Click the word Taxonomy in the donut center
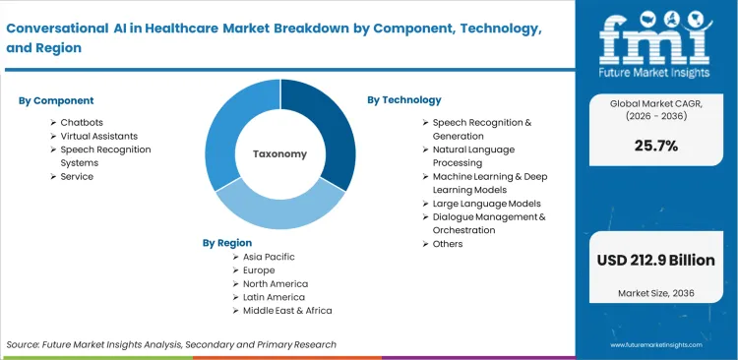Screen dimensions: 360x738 (x=279, y=154)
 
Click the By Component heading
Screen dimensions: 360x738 (x=56, y=100)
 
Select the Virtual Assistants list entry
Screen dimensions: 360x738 (x=112, y=136)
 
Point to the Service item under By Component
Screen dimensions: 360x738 (x=77, y=177)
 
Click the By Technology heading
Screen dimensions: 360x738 (x=403, y=100)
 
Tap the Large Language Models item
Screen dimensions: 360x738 (x=486, y=204)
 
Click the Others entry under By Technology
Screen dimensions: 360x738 (x=448, y=244)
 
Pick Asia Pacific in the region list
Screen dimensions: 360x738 (x=269, y=257)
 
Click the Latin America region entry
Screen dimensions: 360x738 (x=274, y=297)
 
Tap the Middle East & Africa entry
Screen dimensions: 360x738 (x=287, y=311)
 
